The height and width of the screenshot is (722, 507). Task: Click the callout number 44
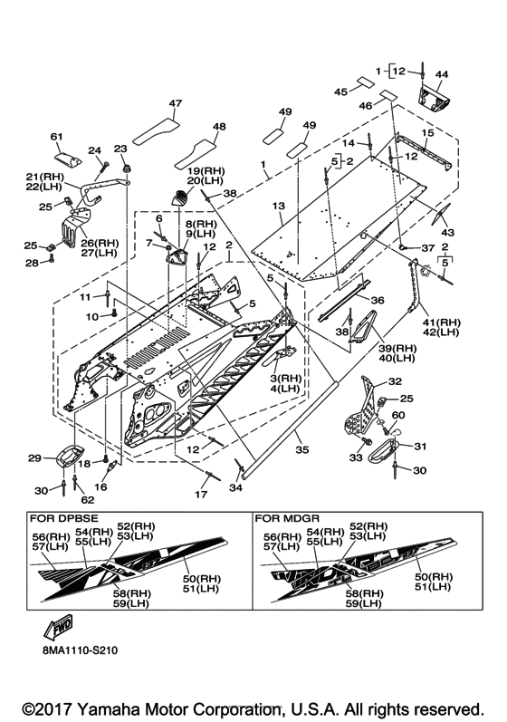441,74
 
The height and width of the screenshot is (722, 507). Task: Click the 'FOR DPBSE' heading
64,518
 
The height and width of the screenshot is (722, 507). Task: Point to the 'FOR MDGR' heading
287,518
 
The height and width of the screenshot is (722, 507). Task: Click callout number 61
56,137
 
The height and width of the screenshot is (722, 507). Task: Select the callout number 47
176,103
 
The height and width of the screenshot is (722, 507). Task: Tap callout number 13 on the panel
278,206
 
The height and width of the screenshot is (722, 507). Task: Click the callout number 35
301,450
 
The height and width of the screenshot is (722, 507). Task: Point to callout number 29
35,458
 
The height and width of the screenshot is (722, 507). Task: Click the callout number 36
378,300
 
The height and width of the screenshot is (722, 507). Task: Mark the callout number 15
427,133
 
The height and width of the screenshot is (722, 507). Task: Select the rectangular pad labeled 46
387,95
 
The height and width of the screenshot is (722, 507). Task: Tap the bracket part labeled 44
434,99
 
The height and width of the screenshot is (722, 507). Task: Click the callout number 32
395,381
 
